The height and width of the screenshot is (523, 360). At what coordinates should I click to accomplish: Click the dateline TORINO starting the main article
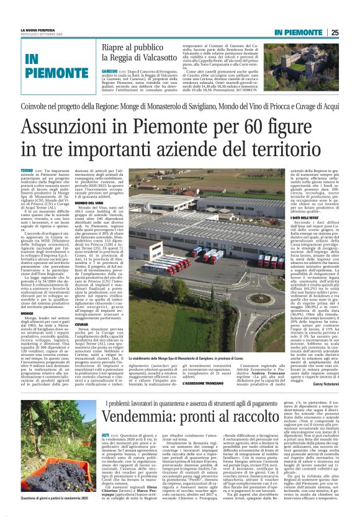tap(27, 170)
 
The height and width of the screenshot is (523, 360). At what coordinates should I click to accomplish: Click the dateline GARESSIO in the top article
tap(109, 71)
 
